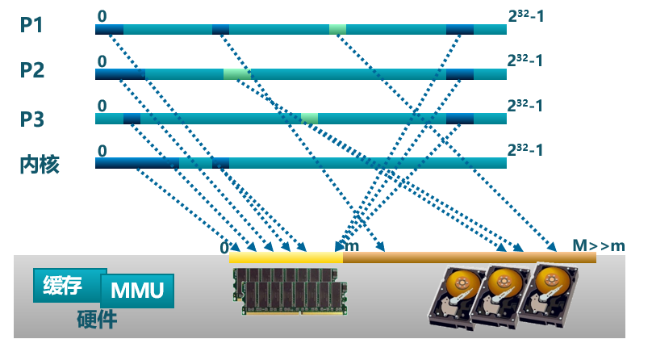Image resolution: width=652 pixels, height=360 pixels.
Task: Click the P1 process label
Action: click(x=31, y=25)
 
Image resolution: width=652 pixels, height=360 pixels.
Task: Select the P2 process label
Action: click(x=31, y=70)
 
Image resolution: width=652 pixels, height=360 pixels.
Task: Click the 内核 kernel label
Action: click(x=39, y=165)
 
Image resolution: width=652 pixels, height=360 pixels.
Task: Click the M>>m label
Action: click(x=598, y=245)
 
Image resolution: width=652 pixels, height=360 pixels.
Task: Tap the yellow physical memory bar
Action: click(x=286, y=257)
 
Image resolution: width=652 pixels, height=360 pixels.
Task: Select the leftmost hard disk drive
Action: click(x=456, y=299)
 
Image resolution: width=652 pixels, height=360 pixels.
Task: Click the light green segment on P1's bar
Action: click(x=337, y=30)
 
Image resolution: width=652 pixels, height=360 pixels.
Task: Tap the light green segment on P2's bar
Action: click(x=236, y=74)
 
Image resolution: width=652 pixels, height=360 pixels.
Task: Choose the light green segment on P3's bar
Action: click(x=309, y=119)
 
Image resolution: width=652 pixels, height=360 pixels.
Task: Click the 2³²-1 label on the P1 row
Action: click(x=525, y=15)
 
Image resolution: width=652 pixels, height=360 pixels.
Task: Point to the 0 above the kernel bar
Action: click(x=102, y=150)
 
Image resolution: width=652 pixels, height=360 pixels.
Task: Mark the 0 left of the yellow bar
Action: click(x=224, y=248)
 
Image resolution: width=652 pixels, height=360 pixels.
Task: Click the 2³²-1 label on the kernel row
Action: click(x=525, y=149)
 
